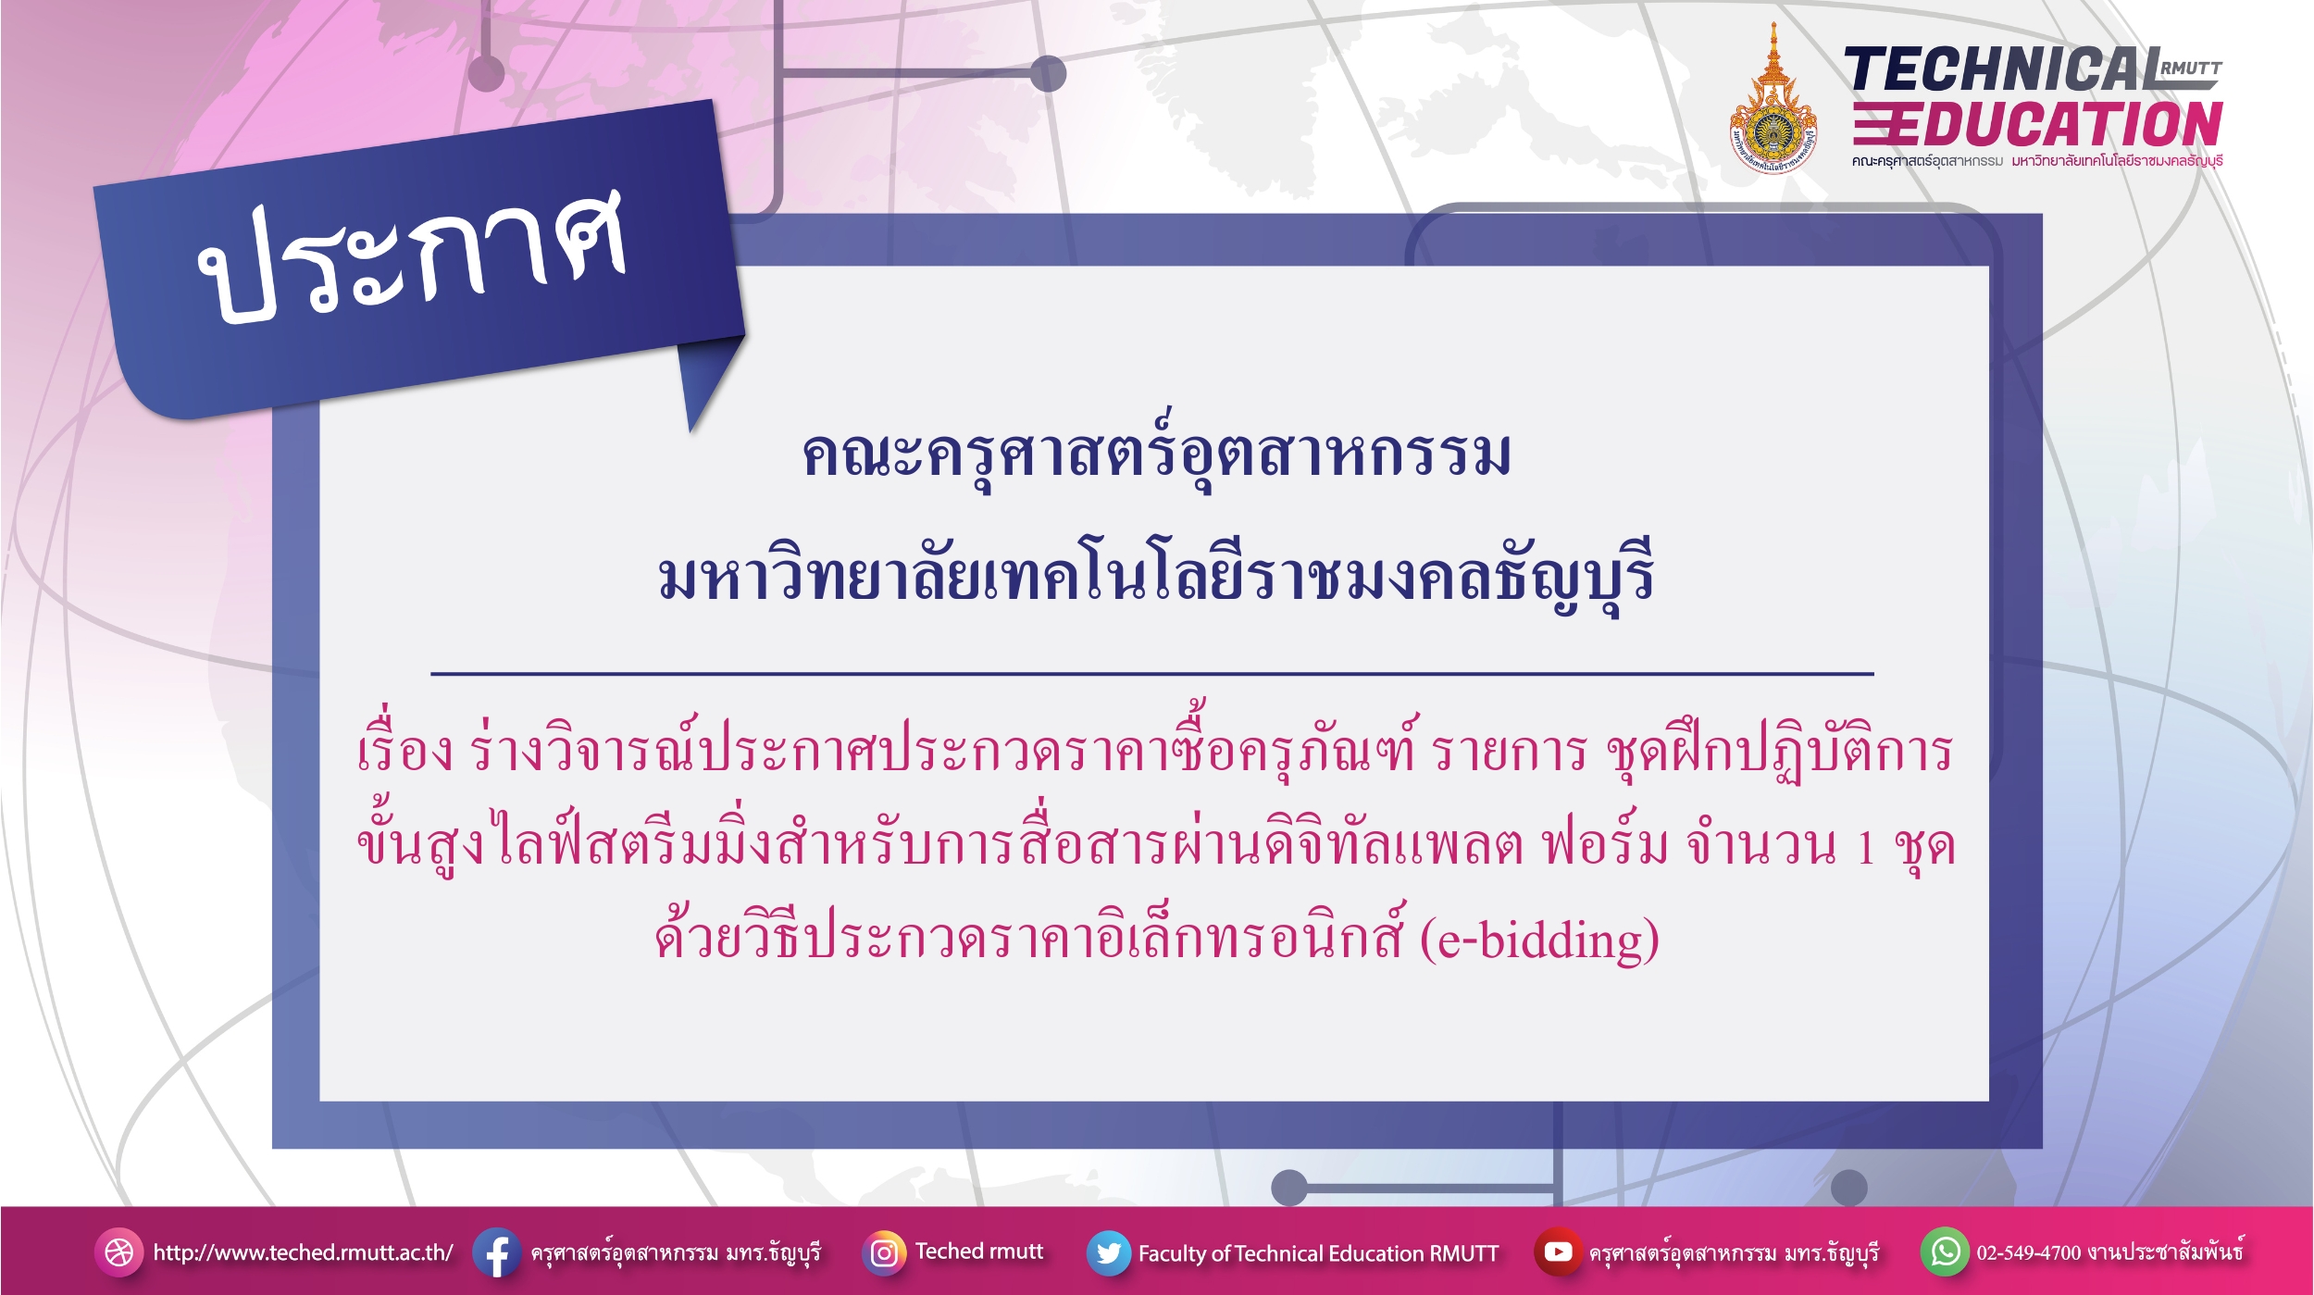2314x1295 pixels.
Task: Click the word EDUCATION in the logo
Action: click(2037, 124)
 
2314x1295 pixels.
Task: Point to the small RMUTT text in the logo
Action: click(2191, 68)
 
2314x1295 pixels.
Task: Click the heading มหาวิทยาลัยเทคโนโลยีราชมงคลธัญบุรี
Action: click(1156, 575)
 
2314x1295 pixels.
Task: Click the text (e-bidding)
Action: click(1539, 940)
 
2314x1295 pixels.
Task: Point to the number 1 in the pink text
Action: click(1866, 847)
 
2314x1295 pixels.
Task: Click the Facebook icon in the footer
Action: click(496, 1252)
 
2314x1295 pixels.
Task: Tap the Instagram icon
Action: click(884, 1252)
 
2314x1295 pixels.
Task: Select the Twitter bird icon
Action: click(1108, 1252)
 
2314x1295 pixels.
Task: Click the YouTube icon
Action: click(1558, 1251)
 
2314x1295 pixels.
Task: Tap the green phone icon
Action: click(1945, 1251)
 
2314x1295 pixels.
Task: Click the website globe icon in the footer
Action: click(119, 1252)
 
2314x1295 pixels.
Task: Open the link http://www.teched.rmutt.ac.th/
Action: click(303, 1252)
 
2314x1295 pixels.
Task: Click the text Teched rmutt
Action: click(979, 1251)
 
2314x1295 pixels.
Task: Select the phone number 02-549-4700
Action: click(2028, 1252)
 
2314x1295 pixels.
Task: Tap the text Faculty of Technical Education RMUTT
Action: click(1318, 1253)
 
